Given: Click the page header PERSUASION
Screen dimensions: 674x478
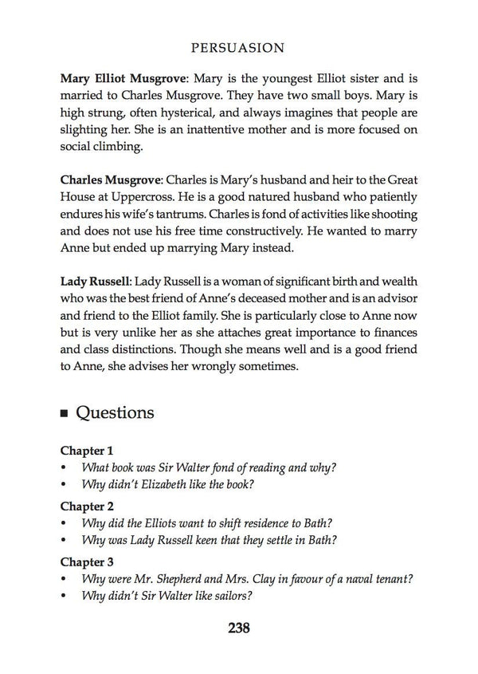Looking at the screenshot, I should point(239,48).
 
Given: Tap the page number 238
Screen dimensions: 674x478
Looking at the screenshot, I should point(239,627).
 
